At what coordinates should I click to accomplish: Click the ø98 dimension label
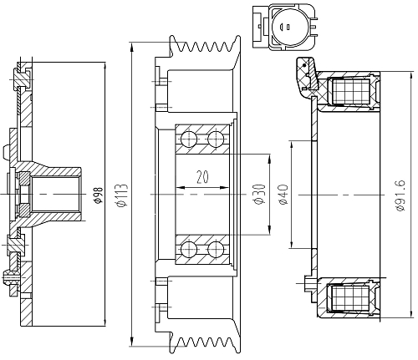pos(99,195)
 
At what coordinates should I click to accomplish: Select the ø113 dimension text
pos(123,195)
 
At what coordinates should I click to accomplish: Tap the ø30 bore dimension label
pos(259,194)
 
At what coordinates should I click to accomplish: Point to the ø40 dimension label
pos(283,195)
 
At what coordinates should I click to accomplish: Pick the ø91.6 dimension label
pos(400,195)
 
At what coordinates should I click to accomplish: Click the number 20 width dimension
pos(202,177)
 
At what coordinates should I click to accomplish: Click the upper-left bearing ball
pos(189,139)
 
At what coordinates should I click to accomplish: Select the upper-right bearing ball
pos(216,139)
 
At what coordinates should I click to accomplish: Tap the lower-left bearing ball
pos(189,249)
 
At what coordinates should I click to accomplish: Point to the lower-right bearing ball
pos(216,249)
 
